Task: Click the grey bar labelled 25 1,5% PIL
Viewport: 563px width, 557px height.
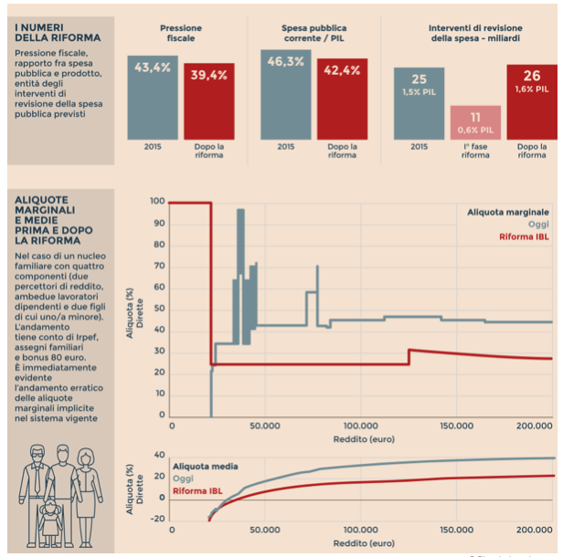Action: [x=419, y=103]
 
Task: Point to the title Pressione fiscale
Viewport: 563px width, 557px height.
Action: [x=181, y=33]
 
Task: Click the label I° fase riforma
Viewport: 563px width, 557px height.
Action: [x=475, y=152]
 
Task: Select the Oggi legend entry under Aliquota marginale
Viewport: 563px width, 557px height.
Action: [x=538, y=224]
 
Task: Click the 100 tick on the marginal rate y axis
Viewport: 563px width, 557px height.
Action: [x=157, y=202]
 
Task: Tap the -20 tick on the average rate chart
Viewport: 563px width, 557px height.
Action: [x=157, y=519]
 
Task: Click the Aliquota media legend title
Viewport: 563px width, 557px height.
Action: [x=205, y=465]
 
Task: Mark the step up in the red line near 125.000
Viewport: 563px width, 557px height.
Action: [x=409, y=357]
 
